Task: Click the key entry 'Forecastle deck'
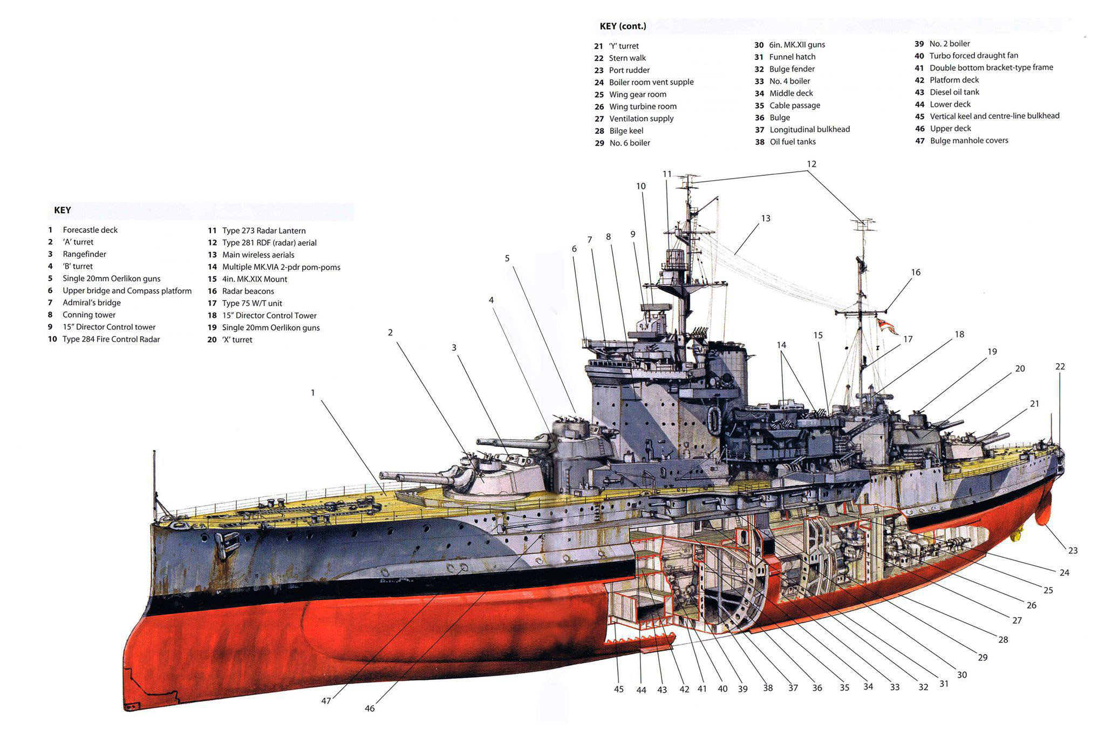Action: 90,230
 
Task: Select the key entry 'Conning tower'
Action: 89,315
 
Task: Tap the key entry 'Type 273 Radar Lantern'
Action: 264,230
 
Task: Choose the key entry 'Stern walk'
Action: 627,58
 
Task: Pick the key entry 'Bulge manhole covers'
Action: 968,141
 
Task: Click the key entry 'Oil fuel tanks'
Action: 792,142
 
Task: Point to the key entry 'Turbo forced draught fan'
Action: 973,56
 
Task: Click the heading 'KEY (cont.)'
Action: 623,26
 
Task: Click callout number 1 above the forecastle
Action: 312,393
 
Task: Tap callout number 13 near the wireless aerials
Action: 766,219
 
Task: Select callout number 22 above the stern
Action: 1060,367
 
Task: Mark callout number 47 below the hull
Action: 326,701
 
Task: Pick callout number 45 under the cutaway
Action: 618,689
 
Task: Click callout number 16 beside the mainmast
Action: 916,272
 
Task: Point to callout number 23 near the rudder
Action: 1073,550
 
